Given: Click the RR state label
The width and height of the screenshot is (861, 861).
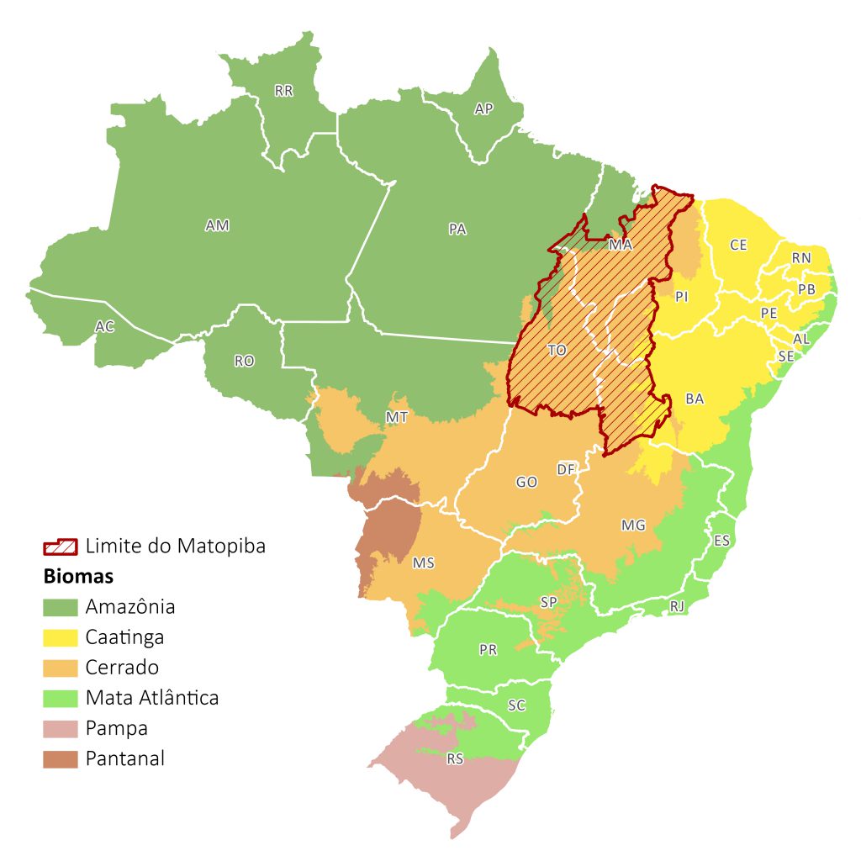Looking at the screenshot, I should point(284,91).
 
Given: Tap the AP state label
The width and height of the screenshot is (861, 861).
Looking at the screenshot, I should point(483,108).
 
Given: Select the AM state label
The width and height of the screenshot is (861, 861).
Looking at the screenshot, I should point(217,225).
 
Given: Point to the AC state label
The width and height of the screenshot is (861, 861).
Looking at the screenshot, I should point(104,326).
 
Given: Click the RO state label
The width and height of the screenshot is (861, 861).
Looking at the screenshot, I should point(244,361).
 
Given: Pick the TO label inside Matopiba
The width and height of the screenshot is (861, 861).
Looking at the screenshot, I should point(557,351).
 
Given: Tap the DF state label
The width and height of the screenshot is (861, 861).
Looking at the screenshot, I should point(567,468).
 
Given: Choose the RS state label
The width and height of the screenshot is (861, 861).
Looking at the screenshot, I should point(455,759).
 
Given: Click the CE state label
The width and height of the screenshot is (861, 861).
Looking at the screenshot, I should point(738,245).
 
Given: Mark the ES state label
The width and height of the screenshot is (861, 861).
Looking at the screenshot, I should point(721,540).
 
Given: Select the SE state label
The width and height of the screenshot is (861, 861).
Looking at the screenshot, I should point(785,356).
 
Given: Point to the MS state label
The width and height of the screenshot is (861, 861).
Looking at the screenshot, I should point(423,563).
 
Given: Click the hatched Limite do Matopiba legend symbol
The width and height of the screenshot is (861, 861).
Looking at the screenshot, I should point(61,547).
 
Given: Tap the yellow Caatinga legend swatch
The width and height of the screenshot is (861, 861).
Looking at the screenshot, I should point(61,637).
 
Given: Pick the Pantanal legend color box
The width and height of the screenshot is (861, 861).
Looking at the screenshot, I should point(61,758).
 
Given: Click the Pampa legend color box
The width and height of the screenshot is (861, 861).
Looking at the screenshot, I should point(61,728).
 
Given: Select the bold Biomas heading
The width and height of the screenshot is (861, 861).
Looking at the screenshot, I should point(78,578).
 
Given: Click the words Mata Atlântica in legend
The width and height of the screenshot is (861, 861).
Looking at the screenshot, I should point(152,697).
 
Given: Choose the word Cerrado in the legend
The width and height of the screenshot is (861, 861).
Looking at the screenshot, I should point(122,668).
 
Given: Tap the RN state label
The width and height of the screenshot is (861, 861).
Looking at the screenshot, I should point(801,258).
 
